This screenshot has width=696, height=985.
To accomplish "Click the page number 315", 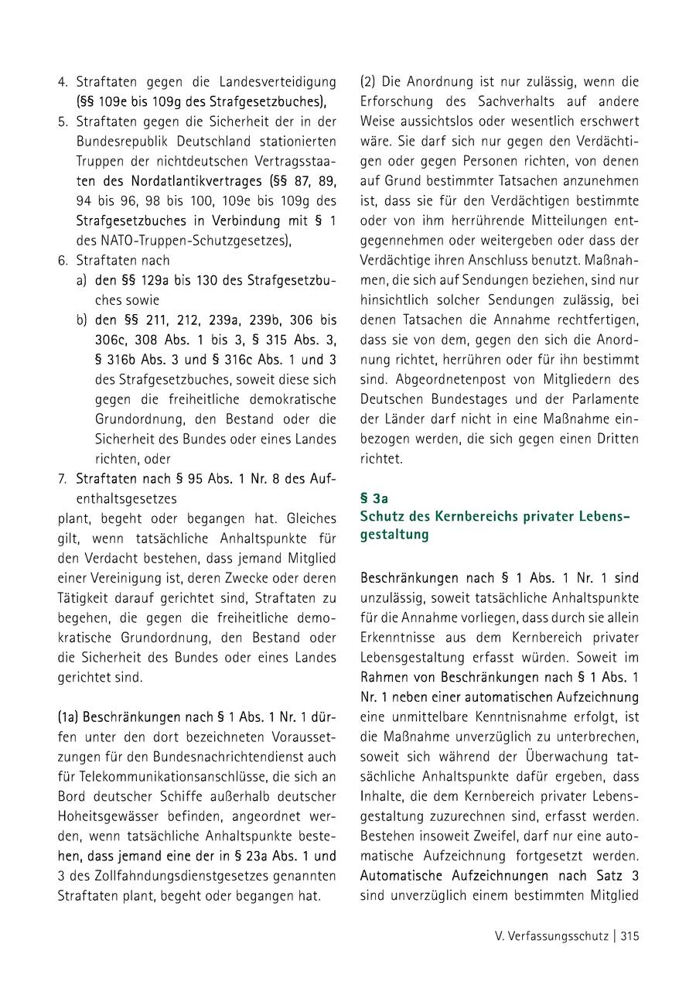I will (629, 935).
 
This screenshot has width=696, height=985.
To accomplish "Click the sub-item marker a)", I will (81, 280).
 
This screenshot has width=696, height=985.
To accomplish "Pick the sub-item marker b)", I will (81, 320).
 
